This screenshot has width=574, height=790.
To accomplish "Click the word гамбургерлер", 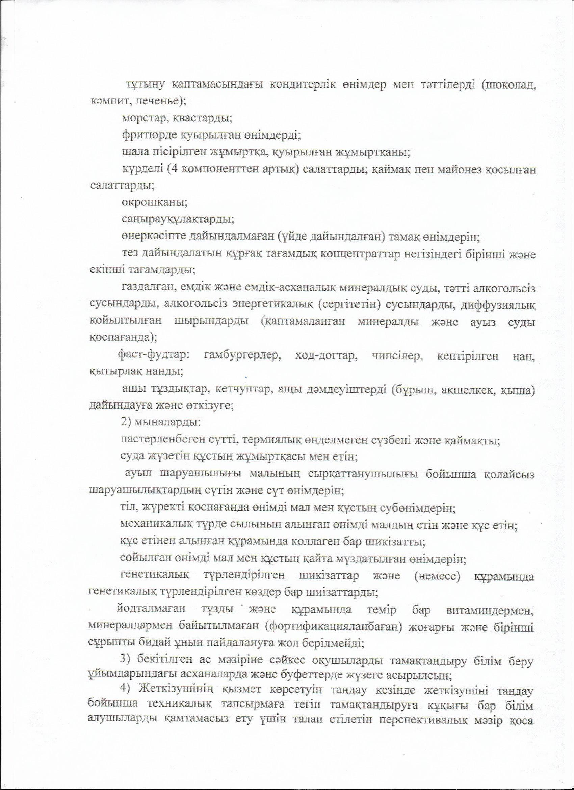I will click(243, 356).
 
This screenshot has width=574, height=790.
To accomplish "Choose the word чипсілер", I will click(395, 356).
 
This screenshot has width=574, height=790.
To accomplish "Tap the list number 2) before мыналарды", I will click(126, 423).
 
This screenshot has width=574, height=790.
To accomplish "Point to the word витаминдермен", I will click(490, 610).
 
